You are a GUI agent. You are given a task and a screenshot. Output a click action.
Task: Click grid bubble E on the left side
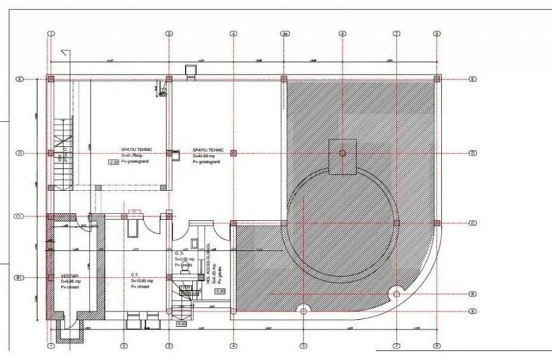coord(20,79)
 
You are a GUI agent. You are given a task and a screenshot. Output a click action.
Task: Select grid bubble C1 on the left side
coord(19,217)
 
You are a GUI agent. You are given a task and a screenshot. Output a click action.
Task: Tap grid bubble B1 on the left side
coord(19,278)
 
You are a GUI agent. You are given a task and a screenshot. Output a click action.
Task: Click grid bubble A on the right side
coord(472,311)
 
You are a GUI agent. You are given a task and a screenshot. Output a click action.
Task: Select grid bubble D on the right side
coord(472,153)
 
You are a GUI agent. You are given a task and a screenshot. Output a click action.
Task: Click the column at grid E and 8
coord(437,79)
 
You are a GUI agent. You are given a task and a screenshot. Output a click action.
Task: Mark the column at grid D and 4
coord(233,153)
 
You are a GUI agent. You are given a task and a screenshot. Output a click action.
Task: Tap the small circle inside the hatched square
coord(342,153)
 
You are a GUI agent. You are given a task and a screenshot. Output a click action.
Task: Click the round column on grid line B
coord(396,294)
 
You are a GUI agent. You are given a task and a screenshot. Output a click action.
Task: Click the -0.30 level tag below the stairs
coord(182,323)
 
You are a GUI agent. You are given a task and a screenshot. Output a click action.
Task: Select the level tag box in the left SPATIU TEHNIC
coord(114,162)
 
